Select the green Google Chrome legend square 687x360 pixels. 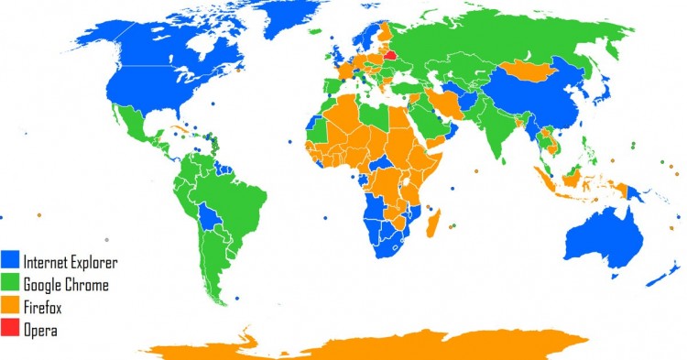tap(13, 284)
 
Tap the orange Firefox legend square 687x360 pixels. tap(13, 307)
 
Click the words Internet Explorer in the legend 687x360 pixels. tap(72, 262)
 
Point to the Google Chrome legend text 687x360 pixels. tap(67, 285)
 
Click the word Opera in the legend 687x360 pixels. tap(43, 330)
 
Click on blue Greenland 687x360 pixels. tap(275, 23)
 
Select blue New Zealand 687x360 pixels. tap(662, 274)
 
